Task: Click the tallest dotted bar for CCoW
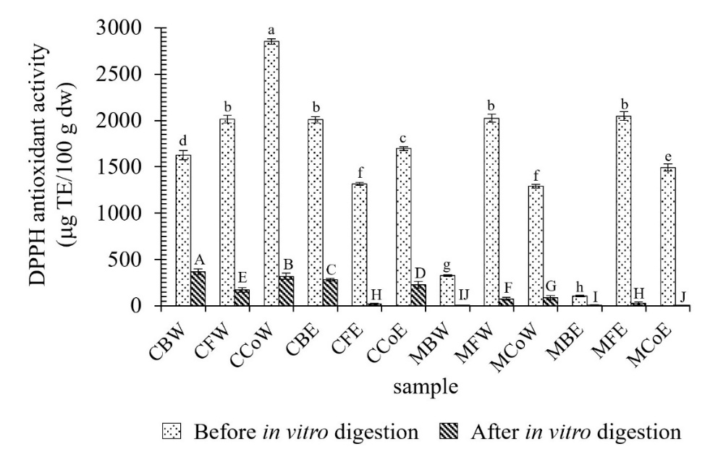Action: click(x=271, y=174)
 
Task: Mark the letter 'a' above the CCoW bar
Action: click(x=271, y=30)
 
